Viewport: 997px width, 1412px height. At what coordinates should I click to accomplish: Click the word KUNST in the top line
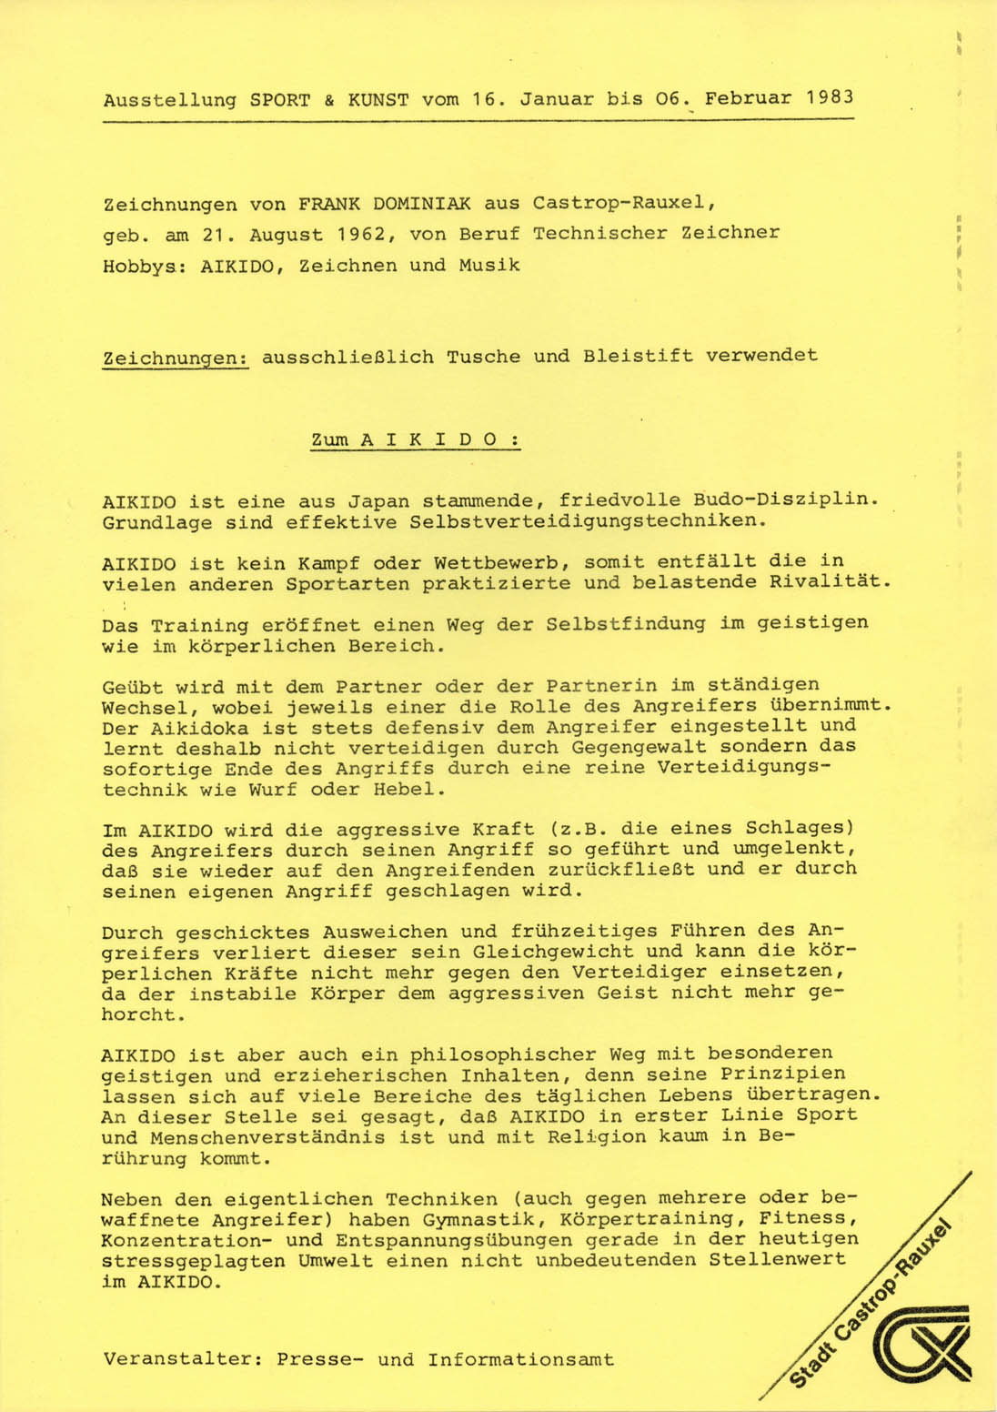pyautogui.click(x=378, y=99)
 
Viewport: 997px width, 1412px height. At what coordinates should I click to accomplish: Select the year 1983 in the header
pyautogui.click(x=830, y=97)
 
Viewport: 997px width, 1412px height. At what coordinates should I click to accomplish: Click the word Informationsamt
pyautogui.click(x=520, y=1360)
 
